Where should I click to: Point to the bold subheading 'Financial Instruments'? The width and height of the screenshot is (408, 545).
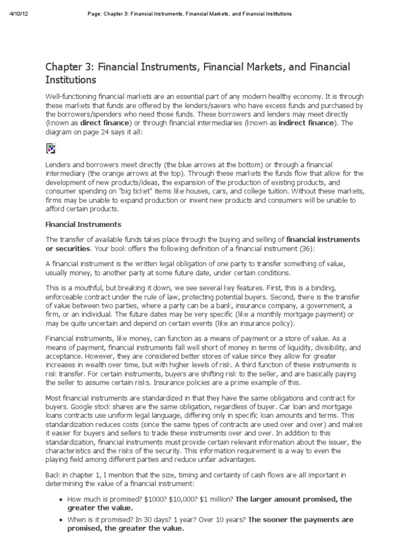[x=83, y=224]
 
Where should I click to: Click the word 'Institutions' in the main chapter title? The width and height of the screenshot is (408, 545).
[x=71, y=80]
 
